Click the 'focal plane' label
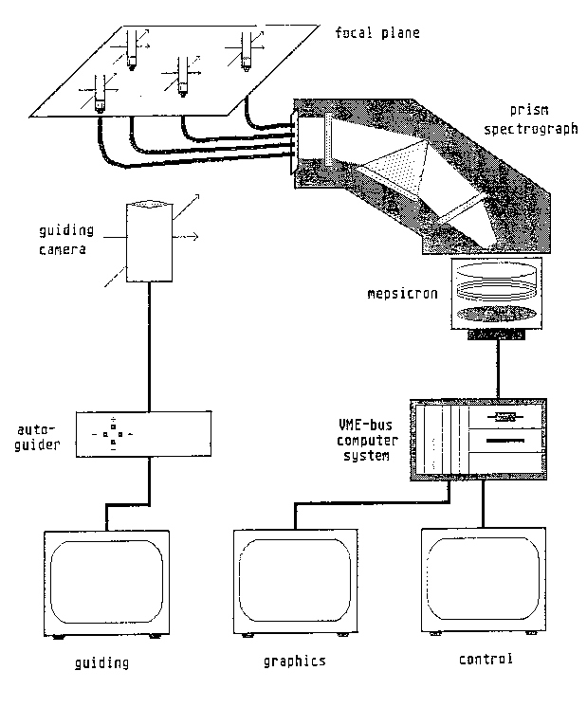[x=376, y=33]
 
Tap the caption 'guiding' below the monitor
[x=101, y=662]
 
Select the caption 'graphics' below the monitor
[x=295, y=660]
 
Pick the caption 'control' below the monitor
[x=485, y=659]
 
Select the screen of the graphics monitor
[x=294, y=579]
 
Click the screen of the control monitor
[x=484, y=579]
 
